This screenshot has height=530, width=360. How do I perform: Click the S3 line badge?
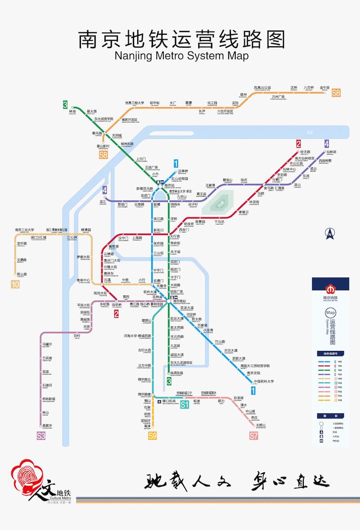pyautogui.click(x=41, y=435)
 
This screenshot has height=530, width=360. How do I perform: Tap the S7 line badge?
pyautogui.click(x=254, y=435)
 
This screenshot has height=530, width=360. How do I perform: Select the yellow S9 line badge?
pyautogui.click(x=153, y=435)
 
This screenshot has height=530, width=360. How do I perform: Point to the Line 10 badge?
pyautogui.click(x=16, y=284)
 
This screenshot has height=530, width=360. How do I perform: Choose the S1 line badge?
pyautogui.click(x=184, y=404)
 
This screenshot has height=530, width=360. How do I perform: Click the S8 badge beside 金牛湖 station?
pyautogui.click(x=336, y=94)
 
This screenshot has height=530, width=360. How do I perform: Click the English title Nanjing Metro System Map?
pyautogui.click(x=181, y=55)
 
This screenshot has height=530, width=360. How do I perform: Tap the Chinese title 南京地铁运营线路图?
pyautogui.click(x=181, y=39)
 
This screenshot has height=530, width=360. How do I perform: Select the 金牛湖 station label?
pyautogui.click(x=324, y=87)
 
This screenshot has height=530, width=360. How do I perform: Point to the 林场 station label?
pyautogui.click(x=73, y=112)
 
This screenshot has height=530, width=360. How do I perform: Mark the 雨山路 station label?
pyautogui.click(x=22, y=274)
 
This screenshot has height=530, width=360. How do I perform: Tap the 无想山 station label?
pyautogui.click(x=261, y=425)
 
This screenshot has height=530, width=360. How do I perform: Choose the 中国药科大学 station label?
pyautogui.click(x=264, y=382)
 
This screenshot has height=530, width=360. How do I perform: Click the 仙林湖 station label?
pyautogui.click(x=332, y=153)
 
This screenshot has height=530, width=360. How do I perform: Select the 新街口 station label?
pyautogui.click(x=159, y=230)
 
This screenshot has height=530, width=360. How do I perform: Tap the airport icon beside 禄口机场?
pyautogui.click(x=159, y=401)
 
